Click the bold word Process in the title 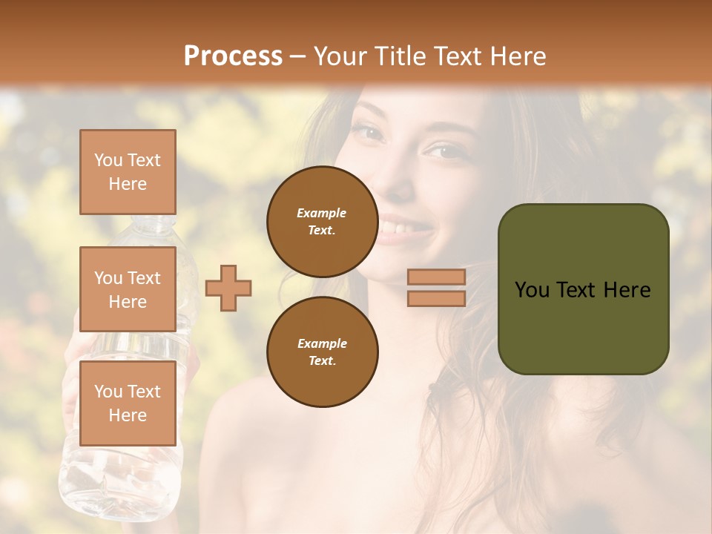click(233, 56)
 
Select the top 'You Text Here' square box click(128, 172)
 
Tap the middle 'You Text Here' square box click(128, 289)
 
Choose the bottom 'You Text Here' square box click(128, 403)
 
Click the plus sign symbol click(228, 289)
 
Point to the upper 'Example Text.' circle click(322, 221)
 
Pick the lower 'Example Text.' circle click(322, 352)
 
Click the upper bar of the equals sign click(436, 277)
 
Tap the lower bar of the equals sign click(436, 299)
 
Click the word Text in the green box click(582, 289)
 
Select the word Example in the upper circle click(322, 213)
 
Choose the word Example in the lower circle click(322, 343)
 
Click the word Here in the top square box click(128, 184)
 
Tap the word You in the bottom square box click(108, 391)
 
